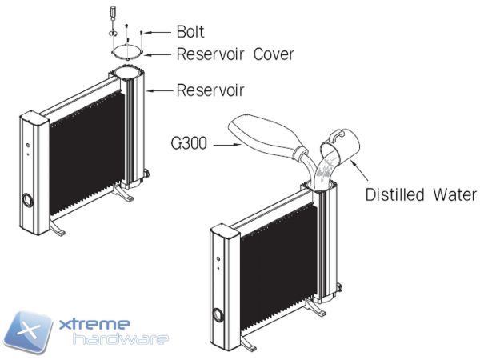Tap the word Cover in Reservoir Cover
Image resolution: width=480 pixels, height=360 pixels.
click(271, 55)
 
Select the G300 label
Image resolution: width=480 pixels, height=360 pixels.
click(190, 145)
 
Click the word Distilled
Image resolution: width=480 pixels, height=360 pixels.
click(394, 194)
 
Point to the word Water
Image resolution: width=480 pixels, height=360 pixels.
click(454, 194)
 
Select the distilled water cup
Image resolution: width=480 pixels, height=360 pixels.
click(339, 147)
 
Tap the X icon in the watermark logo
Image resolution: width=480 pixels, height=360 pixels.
click(33, 329)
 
